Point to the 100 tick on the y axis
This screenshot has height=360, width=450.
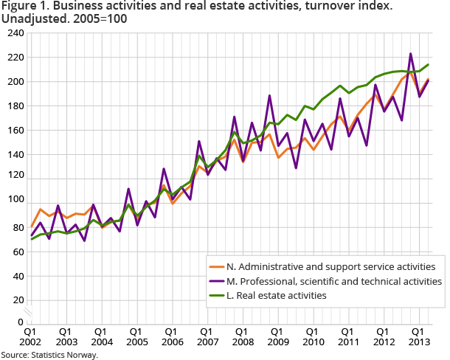(x=15, y=199)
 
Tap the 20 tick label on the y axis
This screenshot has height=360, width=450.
(x=17, y=300)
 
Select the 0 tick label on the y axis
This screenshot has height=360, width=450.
(x=21, y=322)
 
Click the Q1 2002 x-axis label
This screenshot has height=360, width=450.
(x=31, y=337)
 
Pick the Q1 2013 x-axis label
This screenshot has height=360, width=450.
(x=417, y=337)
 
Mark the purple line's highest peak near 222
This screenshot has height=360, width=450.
(x=410, y=54)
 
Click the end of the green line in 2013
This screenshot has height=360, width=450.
(x=429, y=64)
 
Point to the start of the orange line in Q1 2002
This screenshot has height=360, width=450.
(x=31, y=226)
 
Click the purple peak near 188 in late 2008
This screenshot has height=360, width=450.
(x=269, y=95)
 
